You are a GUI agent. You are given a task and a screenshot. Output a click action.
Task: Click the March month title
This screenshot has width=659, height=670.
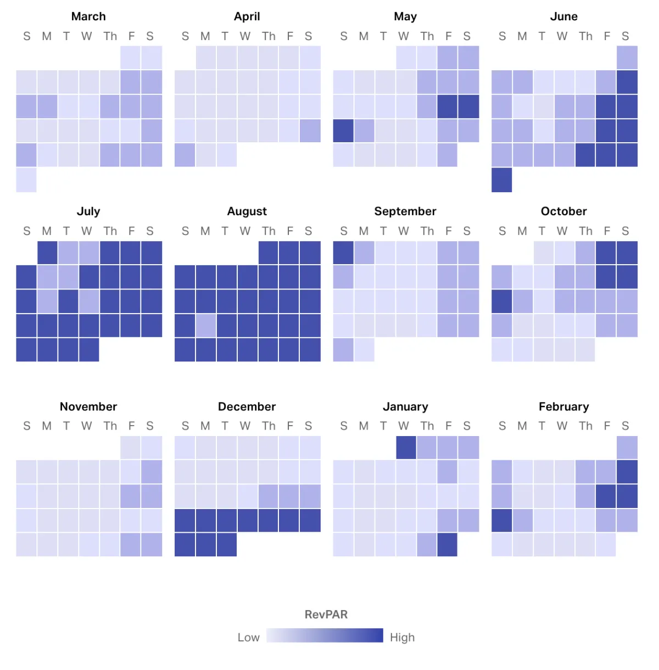pos(88,16)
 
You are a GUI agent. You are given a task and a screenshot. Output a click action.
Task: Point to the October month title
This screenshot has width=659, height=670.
pos(563,211)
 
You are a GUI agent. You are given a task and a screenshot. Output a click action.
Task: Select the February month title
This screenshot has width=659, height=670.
pos(563,407)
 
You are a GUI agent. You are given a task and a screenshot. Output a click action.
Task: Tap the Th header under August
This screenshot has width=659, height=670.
pos(269,231)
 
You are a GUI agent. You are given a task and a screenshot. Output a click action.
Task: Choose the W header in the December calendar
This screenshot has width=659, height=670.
pos(245,426)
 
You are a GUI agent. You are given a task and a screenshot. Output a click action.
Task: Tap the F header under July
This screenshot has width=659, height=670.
pos(131,231)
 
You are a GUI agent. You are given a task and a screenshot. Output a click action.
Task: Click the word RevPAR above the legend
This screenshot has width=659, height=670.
pos(326,615)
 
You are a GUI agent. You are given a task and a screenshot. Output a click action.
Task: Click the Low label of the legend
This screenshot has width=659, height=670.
pos(248,638)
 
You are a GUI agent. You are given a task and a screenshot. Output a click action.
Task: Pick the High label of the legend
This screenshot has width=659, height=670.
pos(402,638)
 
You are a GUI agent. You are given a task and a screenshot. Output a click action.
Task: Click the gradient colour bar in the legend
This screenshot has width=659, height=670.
pos(325,635)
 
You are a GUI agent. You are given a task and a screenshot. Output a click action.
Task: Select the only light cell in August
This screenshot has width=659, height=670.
pos(206,326)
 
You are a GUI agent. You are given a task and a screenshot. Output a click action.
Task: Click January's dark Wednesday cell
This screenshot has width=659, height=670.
pos(406,448)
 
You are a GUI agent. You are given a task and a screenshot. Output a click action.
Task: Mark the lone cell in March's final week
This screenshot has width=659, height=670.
pos(26,180)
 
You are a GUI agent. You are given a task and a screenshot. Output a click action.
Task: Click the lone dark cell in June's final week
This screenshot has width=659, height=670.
pos(501,180)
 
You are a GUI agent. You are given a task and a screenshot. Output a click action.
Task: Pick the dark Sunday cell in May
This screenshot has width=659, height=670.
pos(343,131)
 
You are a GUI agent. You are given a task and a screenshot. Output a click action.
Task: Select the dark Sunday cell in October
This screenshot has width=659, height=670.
pos(501,302)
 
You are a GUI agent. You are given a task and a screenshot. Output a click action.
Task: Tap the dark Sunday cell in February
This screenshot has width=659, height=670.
pos(501,521)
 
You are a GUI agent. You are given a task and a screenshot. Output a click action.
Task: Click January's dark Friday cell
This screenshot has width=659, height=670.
pos(448,545)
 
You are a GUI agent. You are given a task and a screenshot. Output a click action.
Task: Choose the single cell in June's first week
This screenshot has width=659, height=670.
pos(627,58)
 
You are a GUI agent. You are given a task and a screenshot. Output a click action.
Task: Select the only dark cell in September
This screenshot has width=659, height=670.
pos(343,253)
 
